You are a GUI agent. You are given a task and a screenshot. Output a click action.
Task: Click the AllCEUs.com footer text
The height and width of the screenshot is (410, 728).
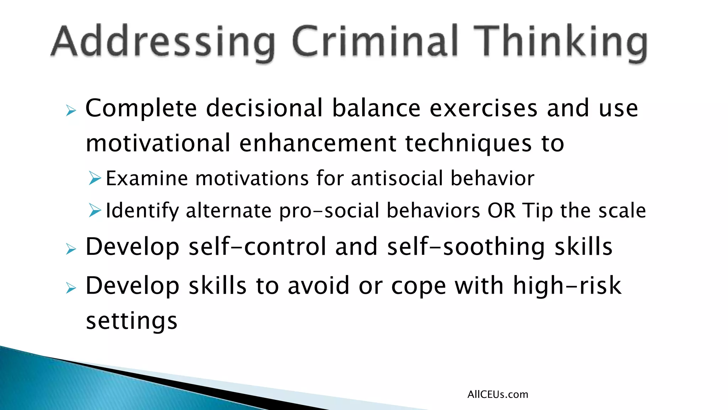498,394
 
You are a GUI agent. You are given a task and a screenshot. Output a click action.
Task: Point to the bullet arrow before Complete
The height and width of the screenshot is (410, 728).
71,111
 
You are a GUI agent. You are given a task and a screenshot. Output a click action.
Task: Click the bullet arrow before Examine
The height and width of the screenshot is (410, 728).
95,178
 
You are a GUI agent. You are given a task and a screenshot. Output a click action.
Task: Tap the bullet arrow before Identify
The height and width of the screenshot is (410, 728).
95,210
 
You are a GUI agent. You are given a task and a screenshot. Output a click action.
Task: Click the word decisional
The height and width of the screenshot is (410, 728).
264,108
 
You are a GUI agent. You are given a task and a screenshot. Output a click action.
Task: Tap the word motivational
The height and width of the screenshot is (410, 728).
158,143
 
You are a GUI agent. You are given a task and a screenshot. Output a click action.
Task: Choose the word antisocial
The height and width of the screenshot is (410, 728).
397,178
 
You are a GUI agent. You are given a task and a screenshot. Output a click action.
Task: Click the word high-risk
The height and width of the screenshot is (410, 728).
567,285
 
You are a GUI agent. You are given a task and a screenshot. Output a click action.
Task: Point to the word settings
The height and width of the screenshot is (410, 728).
132,321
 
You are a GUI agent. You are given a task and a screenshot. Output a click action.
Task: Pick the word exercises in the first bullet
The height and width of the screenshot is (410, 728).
483,108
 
